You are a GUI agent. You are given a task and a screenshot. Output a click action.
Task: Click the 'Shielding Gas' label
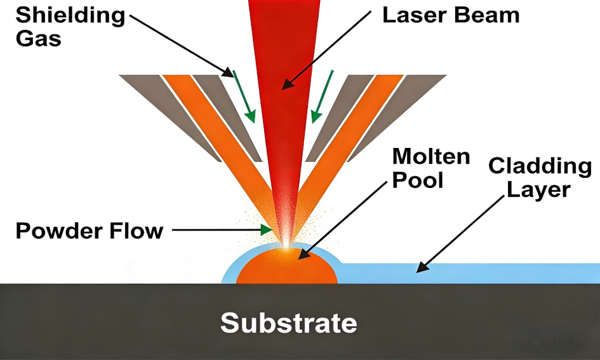tap(70, 27)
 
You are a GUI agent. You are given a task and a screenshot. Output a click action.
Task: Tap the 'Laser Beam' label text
tap(450, 15)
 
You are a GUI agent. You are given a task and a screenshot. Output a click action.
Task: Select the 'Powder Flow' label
tap(89, 230)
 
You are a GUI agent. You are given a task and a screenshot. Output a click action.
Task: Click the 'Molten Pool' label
tap(431, 168)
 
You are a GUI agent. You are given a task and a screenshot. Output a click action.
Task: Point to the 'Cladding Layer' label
tap(540, 178)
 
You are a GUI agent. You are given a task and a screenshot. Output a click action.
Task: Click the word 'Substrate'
tap(288, 323)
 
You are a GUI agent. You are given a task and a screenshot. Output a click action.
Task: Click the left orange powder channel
tap(210, 127)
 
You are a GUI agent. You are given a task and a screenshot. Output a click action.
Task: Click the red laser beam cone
tap(283, 95)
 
